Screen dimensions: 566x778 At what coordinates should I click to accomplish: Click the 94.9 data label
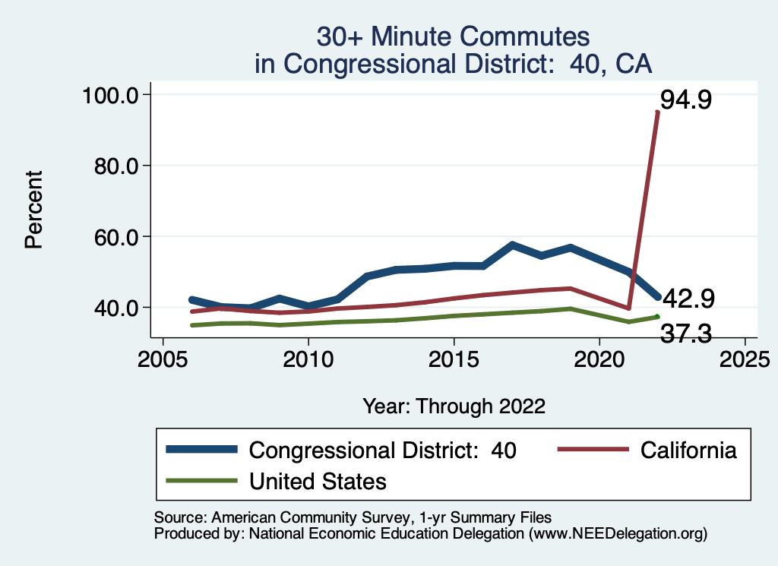685,100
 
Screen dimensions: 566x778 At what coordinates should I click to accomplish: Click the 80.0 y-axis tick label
114,166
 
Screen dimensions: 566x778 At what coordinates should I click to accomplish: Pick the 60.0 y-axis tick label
114,237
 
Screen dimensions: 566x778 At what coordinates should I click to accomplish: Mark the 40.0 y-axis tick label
114,308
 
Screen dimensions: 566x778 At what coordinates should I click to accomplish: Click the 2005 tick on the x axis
162,358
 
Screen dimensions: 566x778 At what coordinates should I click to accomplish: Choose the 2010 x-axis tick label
308,358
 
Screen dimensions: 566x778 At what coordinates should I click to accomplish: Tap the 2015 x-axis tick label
454,358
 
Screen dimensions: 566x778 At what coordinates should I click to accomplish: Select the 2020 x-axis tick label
599,358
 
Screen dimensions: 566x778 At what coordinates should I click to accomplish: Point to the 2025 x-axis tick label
745,358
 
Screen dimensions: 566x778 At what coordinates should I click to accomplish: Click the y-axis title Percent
33,210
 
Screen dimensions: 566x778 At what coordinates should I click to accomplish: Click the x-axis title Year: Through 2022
454,406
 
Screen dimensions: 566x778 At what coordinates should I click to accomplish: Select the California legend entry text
688,450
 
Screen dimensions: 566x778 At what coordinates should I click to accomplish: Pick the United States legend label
318,480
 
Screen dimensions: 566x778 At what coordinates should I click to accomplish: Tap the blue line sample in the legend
201,450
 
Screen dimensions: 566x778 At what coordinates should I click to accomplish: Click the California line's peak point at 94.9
657,112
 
